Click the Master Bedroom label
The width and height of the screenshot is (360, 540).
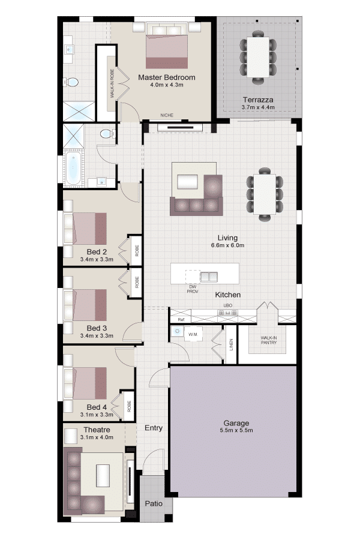166,77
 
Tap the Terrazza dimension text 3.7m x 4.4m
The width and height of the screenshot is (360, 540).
258,107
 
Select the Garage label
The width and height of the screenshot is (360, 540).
236,423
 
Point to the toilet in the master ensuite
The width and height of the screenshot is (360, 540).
71,82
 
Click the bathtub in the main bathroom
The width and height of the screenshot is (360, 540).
73,169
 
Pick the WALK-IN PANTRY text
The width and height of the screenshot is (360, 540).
269,340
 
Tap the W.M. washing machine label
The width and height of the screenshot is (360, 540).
193,334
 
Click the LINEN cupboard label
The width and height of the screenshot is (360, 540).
231,344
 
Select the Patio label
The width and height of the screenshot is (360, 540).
154,503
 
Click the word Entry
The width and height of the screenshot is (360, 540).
154,428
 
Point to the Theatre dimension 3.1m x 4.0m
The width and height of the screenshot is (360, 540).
97,437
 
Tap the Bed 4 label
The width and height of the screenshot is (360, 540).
97,407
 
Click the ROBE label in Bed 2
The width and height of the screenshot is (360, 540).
137,250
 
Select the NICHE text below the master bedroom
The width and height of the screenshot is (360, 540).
167,115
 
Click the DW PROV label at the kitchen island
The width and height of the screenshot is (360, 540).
193,289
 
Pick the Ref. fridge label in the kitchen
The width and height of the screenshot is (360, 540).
181,320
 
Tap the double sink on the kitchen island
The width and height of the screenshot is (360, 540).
209,277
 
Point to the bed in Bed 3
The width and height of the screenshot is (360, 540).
85,304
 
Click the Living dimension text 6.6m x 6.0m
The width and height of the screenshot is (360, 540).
228,245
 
